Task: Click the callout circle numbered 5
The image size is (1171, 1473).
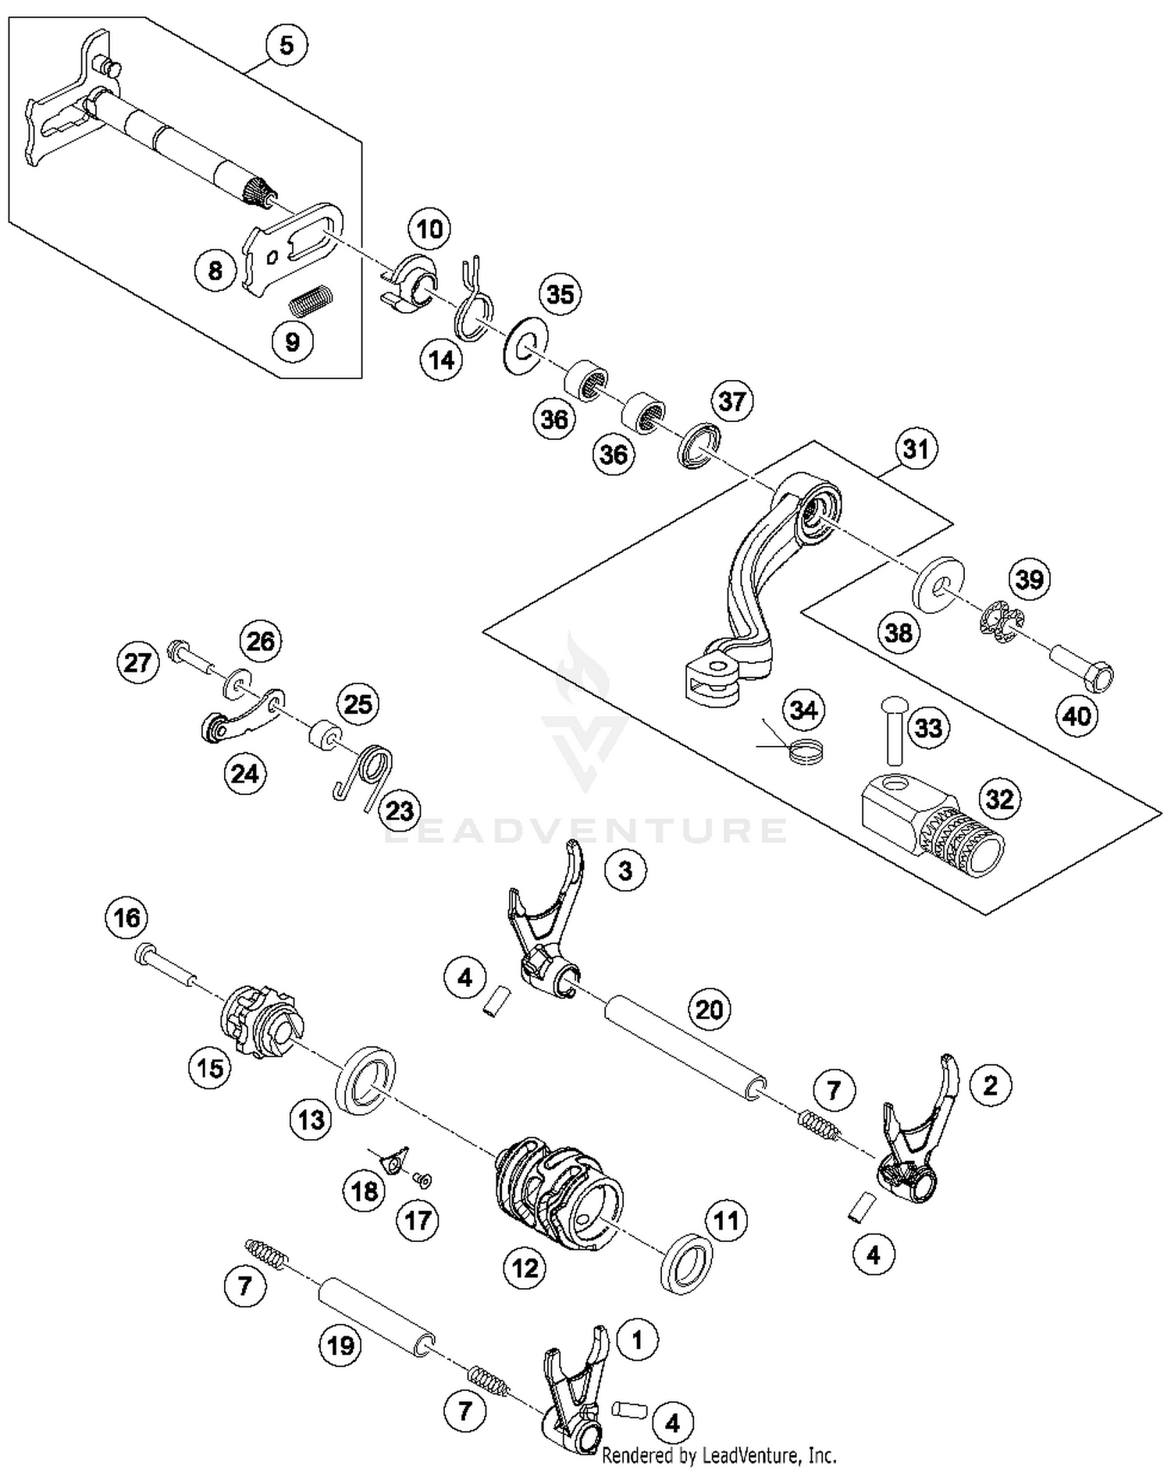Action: pyautogui.click(x=287, y=45)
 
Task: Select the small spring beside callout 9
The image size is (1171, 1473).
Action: pyautogui.click(x=311, y=301)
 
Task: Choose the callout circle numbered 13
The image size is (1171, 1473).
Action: pyautogui.click(x=311, y=1120)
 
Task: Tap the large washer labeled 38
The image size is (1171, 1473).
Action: pyautogui.click(x=938, y=585)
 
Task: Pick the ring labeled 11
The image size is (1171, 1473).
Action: pyautogui.click(x=686, y=1263)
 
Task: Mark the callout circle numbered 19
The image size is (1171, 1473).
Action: pyautogui.click(x=340, y=1345)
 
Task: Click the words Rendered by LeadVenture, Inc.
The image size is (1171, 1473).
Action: pyautogui.click(x=719, y=1455)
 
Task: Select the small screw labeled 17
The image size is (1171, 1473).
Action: pyautogui.click(x=425, y=1181)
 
